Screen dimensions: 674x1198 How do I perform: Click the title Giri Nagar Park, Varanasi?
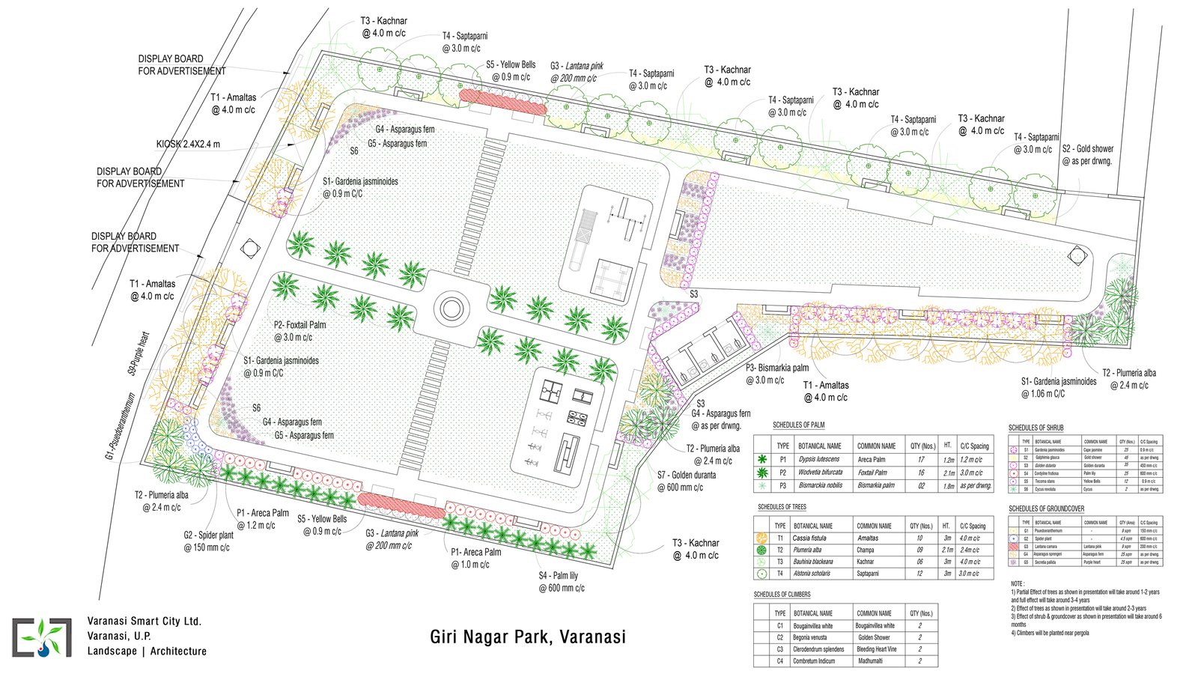527,637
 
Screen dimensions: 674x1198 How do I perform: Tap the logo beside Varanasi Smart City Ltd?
42,637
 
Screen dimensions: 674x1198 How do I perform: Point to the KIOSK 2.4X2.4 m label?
188,144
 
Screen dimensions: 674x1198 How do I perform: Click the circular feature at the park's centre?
451,307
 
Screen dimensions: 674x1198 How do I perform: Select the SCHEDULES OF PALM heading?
798,425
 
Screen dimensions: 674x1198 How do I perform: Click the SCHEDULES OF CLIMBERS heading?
782,594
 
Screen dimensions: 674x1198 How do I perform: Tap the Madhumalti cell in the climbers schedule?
869,661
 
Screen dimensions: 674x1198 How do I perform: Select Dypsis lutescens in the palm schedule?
818,459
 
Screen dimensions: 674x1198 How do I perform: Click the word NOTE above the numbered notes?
1017,583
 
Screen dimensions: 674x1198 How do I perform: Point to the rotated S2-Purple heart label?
139,353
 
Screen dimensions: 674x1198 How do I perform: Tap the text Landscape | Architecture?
147,651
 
